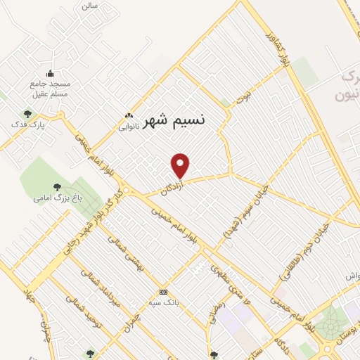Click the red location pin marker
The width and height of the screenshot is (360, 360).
pyautogui.click(x=181, y=165)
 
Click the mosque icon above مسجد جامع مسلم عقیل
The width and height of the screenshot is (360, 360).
pyautogui.click(x=50, y=72)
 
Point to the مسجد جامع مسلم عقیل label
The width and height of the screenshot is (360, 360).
pyautogui.click(x=50, y=88)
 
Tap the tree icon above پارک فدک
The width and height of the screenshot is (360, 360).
pyautogui.click(x=27, y=113)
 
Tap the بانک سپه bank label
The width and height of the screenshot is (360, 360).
pyautogui.click(x=164, y=303)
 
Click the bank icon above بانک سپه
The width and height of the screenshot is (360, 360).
pyautogui.click(x=164, y=292)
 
